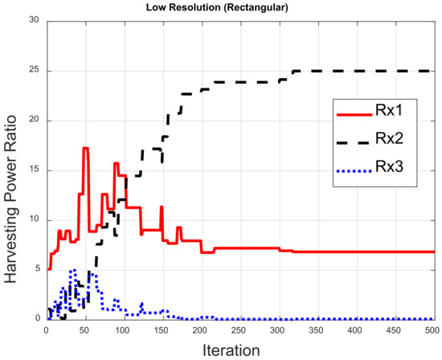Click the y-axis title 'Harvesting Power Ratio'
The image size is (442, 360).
14,170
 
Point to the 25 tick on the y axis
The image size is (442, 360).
35,71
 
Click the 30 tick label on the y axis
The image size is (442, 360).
35,21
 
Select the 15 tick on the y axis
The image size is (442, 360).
35,170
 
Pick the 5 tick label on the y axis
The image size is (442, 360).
39,269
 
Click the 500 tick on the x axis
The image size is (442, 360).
431,329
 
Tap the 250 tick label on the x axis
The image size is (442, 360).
239,329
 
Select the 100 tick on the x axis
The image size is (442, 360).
123,329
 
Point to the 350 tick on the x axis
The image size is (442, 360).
316,329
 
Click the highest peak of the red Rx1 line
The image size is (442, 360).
85,148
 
